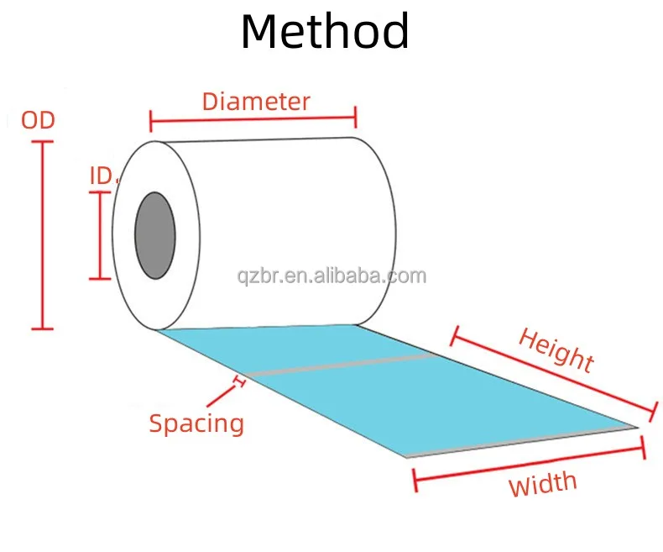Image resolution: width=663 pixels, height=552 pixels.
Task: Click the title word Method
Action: pos(325,32)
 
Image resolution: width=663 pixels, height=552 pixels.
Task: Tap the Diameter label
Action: pos(256,102)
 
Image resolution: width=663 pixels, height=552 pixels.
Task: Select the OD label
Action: pos(38,120)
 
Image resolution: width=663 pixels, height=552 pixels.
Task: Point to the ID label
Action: pos(102,175)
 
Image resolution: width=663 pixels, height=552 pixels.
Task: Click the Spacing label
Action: pos(196,423)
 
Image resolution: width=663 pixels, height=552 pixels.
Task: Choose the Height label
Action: pos(556,350)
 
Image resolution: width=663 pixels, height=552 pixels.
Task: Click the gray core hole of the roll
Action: pos(155,235)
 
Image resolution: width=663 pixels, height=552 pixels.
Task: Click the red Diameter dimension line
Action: pos(253,119)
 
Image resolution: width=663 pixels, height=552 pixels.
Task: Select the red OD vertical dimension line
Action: pos(43,235)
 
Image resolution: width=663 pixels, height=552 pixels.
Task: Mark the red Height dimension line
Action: pos(552,375)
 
